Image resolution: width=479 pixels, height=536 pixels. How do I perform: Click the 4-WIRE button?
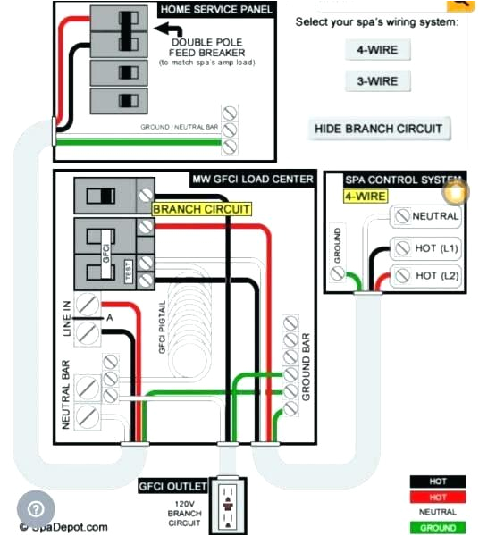(377, 50)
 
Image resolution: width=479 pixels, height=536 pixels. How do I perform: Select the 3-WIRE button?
(377, 81)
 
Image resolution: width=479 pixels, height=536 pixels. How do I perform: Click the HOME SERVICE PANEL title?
(216, 9)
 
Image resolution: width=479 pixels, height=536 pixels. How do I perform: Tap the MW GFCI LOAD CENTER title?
(253, 180)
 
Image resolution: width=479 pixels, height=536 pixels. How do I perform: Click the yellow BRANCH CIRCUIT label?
(202, 209)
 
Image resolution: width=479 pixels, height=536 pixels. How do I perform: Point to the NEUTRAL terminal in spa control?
(426, 216)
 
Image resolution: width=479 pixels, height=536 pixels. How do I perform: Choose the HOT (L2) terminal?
(426, 276)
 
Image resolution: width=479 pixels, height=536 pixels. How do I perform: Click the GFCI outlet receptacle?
(229, 503)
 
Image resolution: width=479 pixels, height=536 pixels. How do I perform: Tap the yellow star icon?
(456, 192)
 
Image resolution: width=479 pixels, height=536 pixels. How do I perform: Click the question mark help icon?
(35, 509)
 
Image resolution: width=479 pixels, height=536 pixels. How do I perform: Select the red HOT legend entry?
(438, 497)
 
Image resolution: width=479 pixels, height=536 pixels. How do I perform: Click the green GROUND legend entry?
(438, 528)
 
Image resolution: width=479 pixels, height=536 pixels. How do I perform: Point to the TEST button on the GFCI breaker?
(128, 272)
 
